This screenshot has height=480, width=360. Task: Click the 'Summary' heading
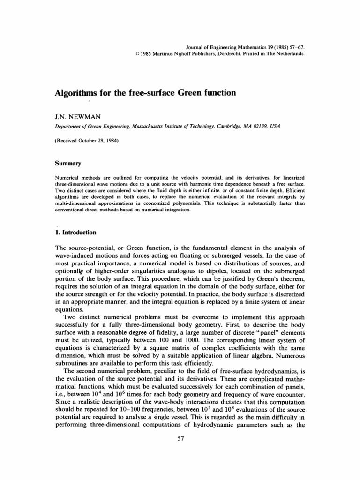66,164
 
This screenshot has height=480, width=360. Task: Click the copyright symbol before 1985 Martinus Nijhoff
135,54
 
